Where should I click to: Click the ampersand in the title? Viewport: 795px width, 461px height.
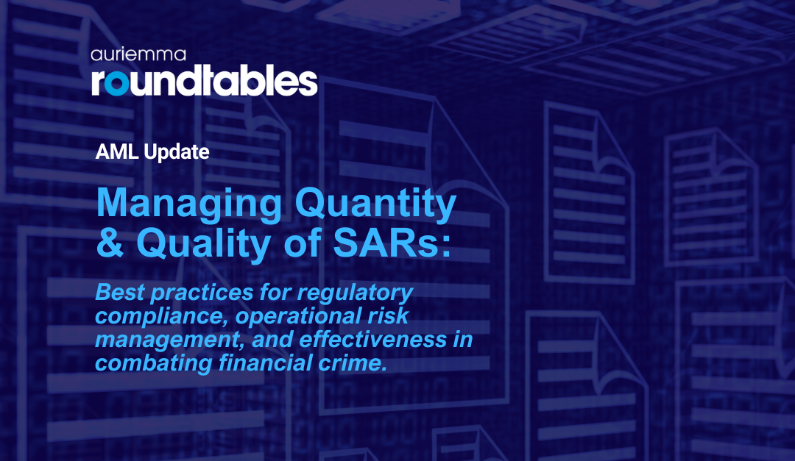click(x=110, y=244)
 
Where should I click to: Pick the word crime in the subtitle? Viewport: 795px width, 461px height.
click(x=353, y=364)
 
